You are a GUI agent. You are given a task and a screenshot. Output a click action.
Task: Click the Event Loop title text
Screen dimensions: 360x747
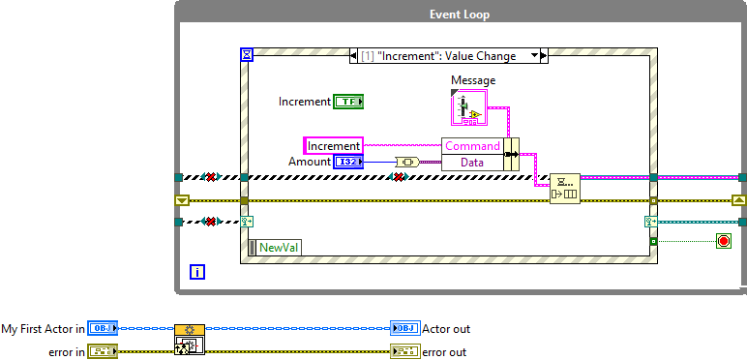click(460, 15)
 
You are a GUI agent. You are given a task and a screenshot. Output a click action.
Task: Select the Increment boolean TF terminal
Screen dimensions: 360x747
click(347, 101)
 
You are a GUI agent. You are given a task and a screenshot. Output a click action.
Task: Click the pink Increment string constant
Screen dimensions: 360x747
click(334, 146)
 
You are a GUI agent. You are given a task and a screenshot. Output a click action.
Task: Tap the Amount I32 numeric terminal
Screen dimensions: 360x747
click(348, 162)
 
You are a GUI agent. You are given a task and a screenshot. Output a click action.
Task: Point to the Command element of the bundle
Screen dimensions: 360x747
click(473, 146)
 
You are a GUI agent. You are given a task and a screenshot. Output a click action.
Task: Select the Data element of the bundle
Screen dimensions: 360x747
click(473, 163)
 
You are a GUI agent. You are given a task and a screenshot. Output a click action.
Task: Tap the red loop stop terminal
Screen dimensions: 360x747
click(723, 240)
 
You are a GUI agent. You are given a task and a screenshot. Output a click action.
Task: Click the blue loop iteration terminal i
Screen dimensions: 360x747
click(197, 272)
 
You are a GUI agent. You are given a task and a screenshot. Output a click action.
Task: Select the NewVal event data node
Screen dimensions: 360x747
click(275, 248)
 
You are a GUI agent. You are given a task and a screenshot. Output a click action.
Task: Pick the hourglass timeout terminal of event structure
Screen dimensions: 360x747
click(246, 56)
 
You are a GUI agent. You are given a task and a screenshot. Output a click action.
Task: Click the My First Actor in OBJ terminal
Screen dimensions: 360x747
click(102, 328)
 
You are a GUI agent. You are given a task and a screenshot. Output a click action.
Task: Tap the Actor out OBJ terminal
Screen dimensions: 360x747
click(404, 328)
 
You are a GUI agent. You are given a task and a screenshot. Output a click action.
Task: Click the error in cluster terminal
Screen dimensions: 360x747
click(102, 351)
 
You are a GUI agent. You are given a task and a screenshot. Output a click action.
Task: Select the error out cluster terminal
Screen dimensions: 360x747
click(404, 351)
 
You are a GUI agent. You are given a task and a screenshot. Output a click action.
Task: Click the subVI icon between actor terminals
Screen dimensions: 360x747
click(190, 341)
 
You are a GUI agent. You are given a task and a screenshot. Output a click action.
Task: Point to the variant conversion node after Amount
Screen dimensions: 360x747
click(405, 162)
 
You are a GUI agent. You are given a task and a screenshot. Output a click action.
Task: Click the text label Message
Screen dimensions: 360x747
click(473, 80)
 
